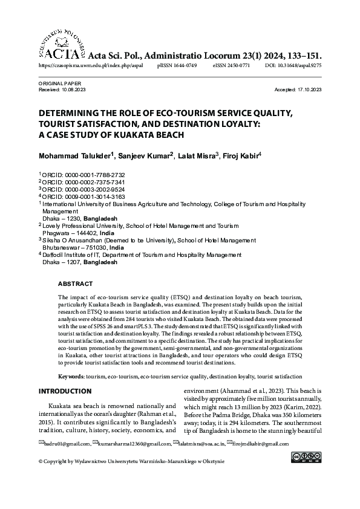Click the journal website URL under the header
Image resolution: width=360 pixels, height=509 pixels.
(91, 64)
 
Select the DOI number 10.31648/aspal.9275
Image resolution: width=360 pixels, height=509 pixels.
(301, 64)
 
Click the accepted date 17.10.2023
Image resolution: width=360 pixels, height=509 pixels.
(311, 89)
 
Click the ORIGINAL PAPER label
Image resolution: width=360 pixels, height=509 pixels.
(60, 83)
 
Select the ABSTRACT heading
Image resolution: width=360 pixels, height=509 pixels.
(75, 284)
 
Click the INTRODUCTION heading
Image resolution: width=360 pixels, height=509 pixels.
(65, 392)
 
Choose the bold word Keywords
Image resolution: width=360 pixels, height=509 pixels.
(71, 377)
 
